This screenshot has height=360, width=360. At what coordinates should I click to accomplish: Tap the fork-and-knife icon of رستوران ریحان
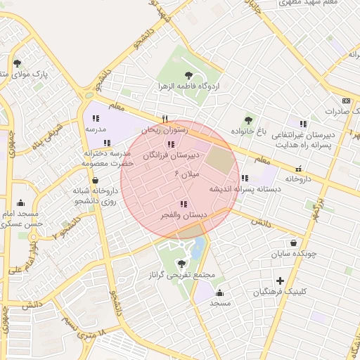(x=165, y=119)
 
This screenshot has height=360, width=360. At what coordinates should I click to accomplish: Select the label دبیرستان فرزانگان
(x=172, y=155)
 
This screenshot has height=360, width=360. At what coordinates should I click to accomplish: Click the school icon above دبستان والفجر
(x=183, y=204)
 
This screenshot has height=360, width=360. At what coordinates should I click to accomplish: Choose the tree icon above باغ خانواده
(x=247, y=120)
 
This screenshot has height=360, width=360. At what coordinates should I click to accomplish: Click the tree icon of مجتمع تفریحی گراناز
(x=182, y=264)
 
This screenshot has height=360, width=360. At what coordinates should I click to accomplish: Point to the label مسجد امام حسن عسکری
(x=22, y=218)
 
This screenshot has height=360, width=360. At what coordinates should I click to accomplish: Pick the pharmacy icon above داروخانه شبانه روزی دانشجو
(x=95, y=180)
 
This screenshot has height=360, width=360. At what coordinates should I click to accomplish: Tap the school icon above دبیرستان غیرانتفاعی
(x=303, y=124)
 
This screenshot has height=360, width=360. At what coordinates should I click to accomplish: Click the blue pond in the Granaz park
(x=199, y=247)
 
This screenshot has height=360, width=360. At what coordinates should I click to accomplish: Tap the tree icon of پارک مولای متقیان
(x=18, y=63)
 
